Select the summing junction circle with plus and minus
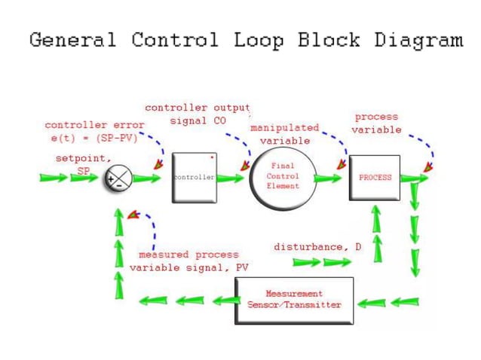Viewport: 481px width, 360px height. pyautogui.click(x=118, y=178)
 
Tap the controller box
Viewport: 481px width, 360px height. pyautogui.click(x=195, y=178)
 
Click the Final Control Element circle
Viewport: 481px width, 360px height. pyautogui.click(x=283, y=178)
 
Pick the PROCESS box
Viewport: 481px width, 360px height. pyautogui.click(x=375, y=178)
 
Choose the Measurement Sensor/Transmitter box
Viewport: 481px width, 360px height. pyautogui.click(x=294, y=300)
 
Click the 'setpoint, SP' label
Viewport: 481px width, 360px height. pyautogui.click(x=83, y=164)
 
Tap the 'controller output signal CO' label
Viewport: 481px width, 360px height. pyautogui.click(x=197, y=114)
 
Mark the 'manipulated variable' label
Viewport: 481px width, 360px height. pyautogui.click(x=284, y=134)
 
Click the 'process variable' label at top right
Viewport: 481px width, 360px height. pyautogui.click(x=375, y=124)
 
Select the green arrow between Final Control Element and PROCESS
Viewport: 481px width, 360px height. pyautogui.click(x=329, y=178)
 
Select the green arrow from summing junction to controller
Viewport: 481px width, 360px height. pyautogui.click(x=148, y=178)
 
